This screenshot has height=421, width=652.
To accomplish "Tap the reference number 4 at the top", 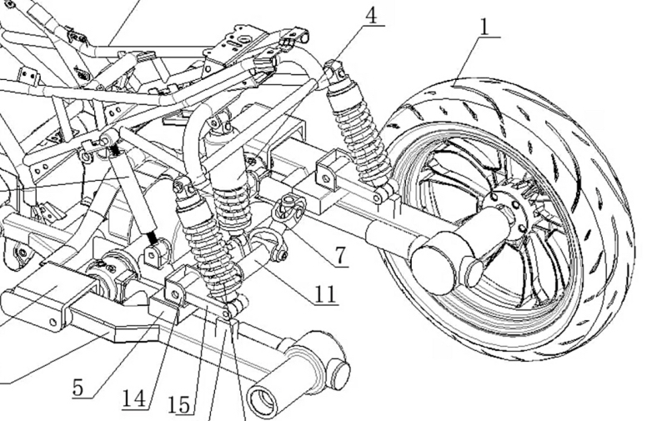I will tap(369, 14).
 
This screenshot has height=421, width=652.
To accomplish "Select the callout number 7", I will tap(342, 255).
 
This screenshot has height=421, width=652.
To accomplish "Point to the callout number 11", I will tap(326, 293).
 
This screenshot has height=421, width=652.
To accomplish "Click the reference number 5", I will tap(78, 388).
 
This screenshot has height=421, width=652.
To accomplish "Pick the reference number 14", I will tap(133, 397).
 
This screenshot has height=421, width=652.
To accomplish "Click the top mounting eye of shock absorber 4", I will tap(334, 66).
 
